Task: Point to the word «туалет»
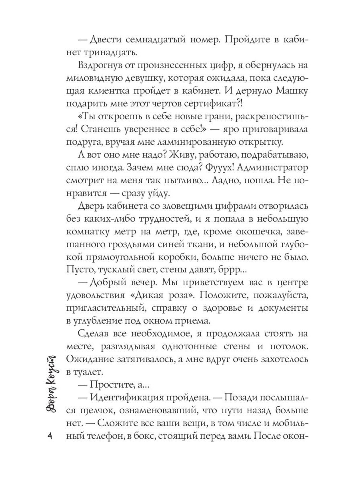click(x=88, y=371)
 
